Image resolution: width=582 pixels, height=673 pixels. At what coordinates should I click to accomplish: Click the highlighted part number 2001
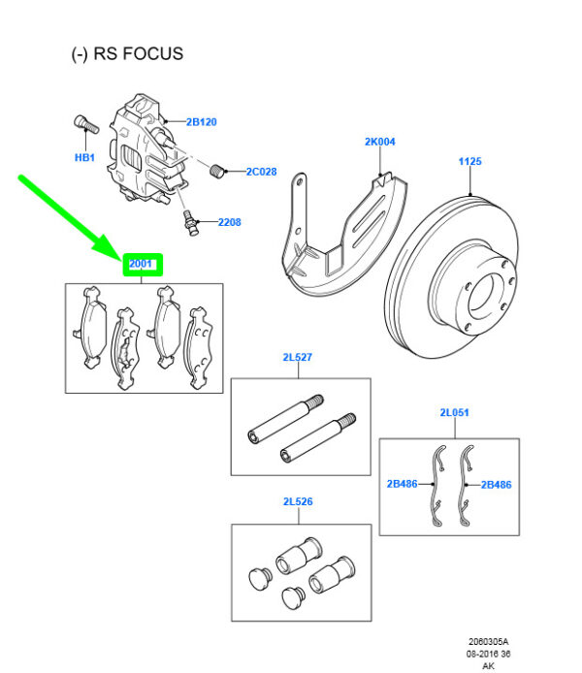click(142, 263)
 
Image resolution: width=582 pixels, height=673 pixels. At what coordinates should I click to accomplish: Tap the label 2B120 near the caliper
click(201, 122)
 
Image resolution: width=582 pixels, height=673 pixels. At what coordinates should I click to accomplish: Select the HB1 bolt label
click(84, 157)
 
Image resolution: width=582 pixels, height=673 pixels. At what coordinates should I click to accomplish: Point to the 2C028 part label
click(260, 172)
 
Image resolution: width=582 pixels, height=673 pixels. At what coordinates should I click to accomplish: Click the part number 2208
click(229, 222)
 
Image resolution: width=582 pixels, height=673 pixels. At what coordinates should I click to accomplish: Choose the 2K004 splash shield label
click(380, 142)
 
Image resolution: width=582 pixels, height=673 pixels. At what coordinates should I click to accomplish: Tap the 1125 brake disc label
click(469, 162)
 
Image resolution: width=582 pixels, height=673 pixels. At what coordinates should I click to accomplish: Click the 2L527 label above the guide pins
click(297, 358)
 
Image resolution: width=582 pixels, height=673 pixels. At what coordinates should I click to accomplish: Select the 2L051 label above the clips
click(454, 413)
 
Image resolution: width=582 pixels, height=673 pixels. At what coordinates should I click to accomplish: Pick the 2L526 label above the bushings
click(297, 502)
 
